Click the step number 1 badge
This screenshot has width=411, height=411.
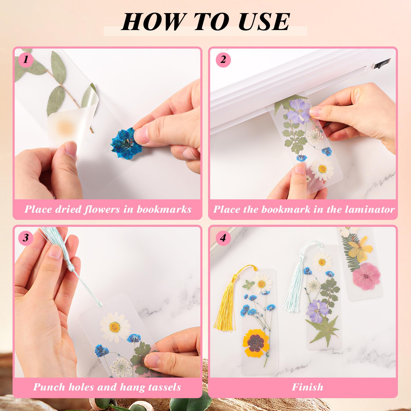coord(26,60)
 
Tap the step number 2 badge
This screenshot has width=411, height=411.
coord(223,60)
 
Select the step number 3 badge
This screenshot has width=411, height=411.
coord(26,238)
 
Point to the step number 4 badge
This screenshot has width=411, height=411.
coord(223,238)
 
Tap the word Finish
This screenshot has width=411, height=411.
coord(307,387)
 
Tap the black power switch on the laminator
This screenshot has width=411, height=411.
coord(382,63)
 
